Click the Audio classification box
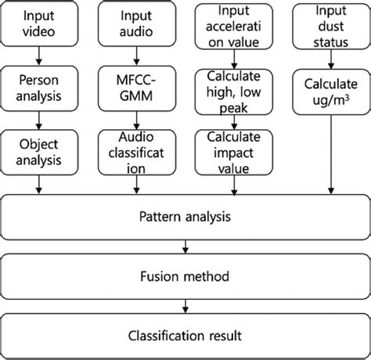[135, 149]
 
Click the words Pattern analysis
[185, 214]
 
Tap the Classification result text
[185, 336]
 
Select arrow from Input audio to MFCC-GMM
[135, 56]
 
